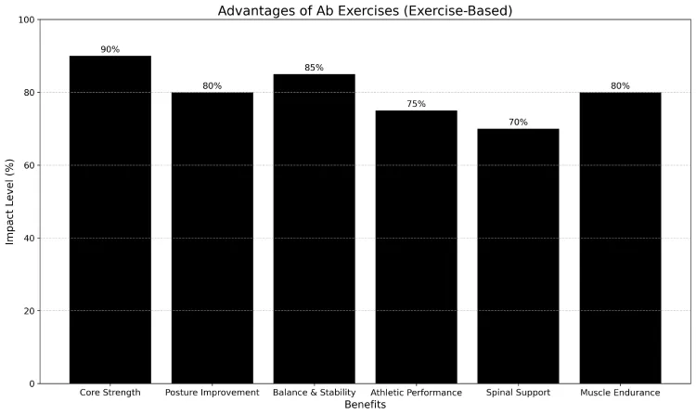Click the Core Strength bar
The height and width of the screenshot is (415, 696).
pyautogui.click(x=110, y=219)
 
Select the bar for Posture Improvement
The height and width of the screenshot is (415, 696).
pyautogui.click(x=212, y=238)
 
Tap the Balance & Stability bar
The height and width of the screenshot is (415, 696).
pyautogui.click(x=314, y=228)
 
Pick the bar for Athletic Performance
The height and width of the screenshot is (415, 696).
pyautogui.click(x=416, y=247)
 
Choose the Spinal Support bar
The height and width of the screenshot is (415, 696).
pyautogui.click(x=518, y=256)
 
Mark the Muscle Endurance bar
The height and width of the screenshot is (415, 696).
pyautogui.click(x=620, y=238)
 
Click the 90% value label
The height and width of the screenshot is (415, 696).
pyautogui.click(x=110, y=49)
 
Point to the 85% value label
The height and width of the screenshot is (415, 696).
pyautogui.click(x=314, y=68)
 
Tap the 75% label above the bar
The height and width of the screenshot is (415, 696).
pyautogui.click(x=416, y=104)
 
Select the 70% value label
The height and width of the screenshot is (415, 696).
pyautogui.click(x=518, y=123)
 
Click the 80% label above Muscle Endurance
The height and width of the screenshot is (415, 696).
pyautogui.click(x=620, y=86)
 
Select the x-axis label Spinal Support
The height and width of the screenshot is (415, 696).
pyautogui.click(x=518, y=393)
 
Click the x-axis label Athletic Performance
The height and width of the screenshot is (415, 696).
pyautogui.click(x=416, y=393)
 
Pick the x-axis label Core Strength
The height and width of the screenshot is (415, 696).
pyautogui.click(x=110, y=393)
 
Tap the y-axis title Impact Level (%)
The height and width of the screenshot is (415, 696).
pyautogui.click(x=10, y=201)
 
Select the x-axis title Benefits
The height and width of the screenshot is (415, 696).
pyautogui.click(x=365, y=405)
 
